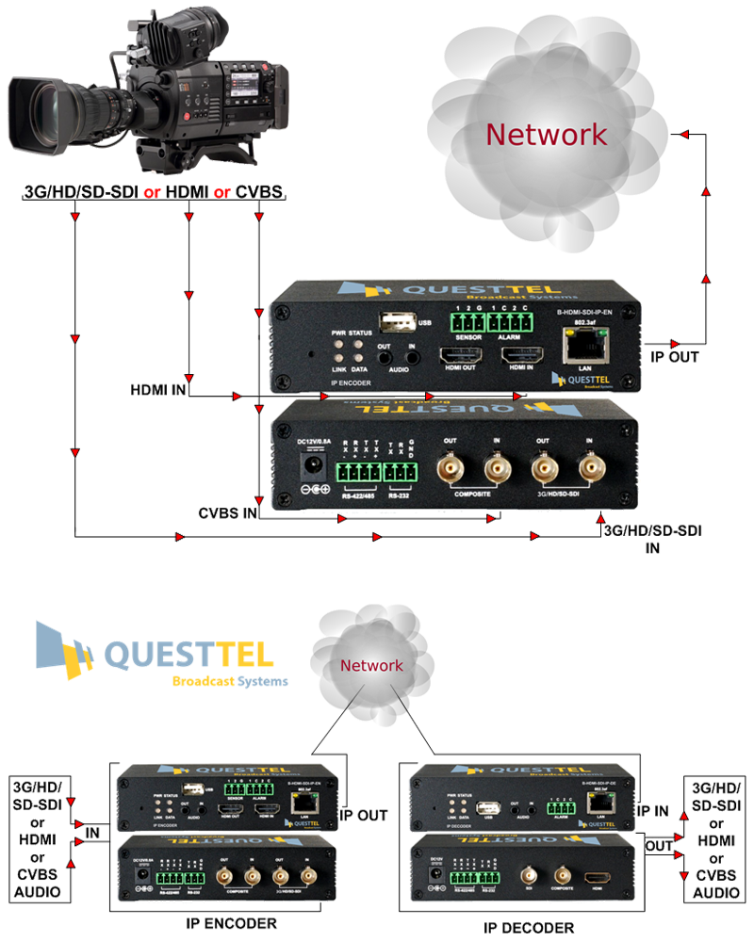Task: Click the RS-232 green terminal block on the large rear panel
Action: point(401,470)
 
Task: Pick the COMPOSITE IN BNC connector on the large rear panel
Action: point(497,467)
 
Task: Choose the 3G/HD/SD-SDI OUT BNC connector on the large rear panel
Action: point(544,467)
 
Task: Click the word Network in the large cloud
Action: point(547,134)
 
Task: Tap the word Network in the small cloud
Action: point(371,665)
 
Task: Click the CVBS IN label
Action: point(228,512)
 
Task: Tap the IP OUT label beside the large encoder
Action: point(670,357)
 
